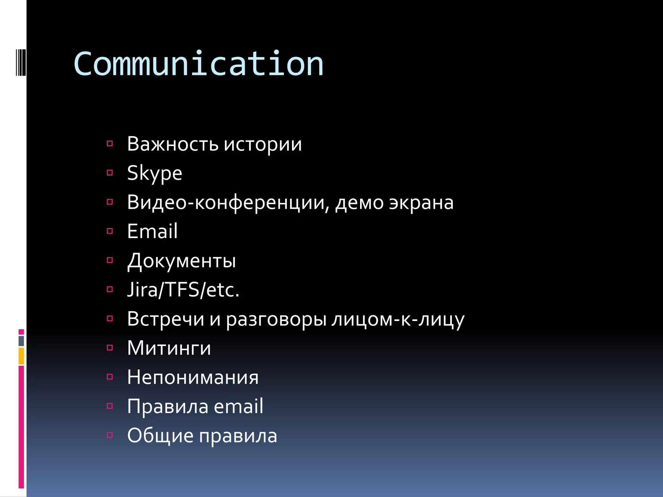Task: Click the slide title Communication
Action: [x=198, y=64]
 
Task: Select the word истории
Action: [x=263, y=145]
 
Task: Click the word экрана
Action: [x=421, y=203]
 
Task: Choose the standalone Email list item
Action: [x=152, y=231]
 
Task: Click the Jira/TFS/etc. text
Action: [x=183, y=290]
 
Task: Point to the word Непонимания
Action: [x=193, y=377]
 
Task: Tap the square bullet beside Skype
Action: [x=110, y=173]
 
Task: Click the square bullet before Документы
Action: [x=110, y=260]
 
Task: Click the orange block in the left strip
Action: [x=21, y=356]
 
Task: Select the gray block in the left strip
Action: [x=21, y=341]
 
